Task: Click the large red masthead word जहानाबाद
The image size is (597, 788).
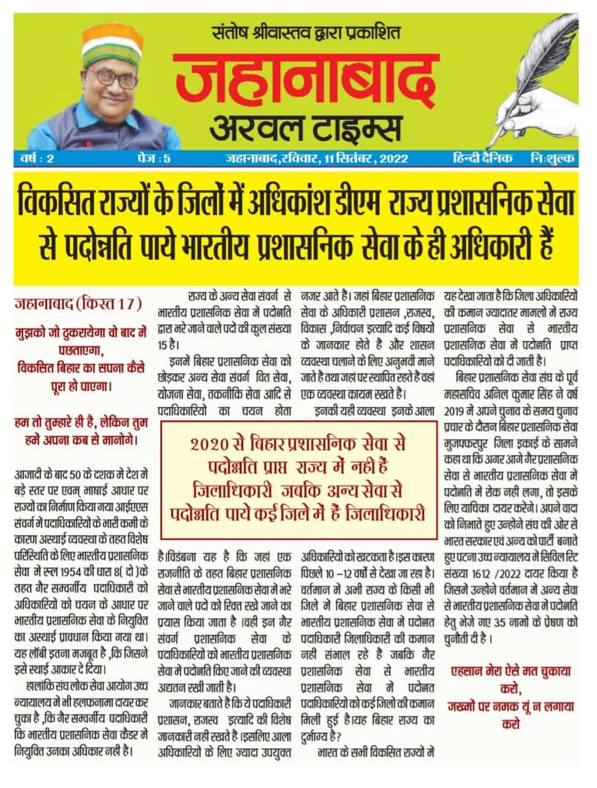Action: [x=305, y=78]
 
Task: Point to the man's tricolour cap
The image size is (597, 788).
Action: [x=112, y=42]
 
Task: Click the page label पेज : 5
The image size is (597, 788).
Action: [x=142, y=159]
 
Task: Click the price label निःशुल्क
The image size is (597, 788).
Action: [x=553, y=159]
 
